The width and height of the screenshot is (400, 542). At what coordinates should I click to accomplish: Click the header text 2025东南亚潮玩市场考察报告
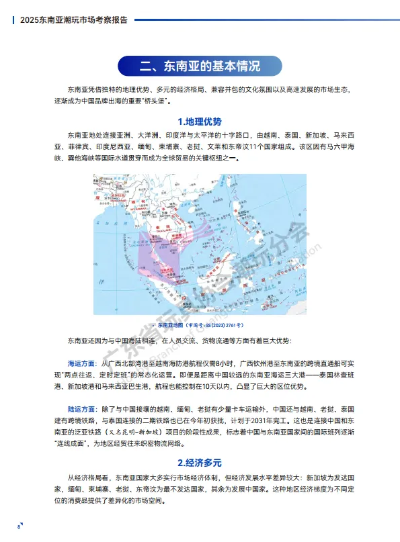[74, 20]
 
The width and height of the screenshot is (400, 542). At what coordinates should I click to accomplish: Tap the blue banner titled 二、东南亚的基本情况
[200, 66]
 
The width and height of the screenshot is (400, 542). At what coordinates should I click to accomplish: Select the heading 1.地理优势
[200, 122]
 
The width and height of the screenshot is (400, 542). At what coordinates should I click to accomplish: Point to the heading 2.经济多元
[200, 463]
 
